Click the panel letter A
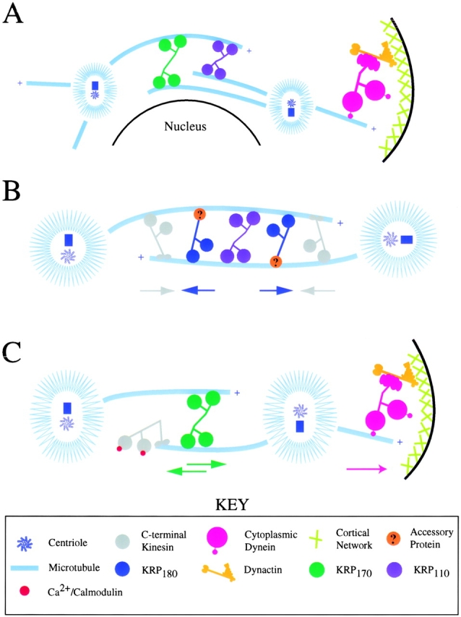(13, 14)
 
